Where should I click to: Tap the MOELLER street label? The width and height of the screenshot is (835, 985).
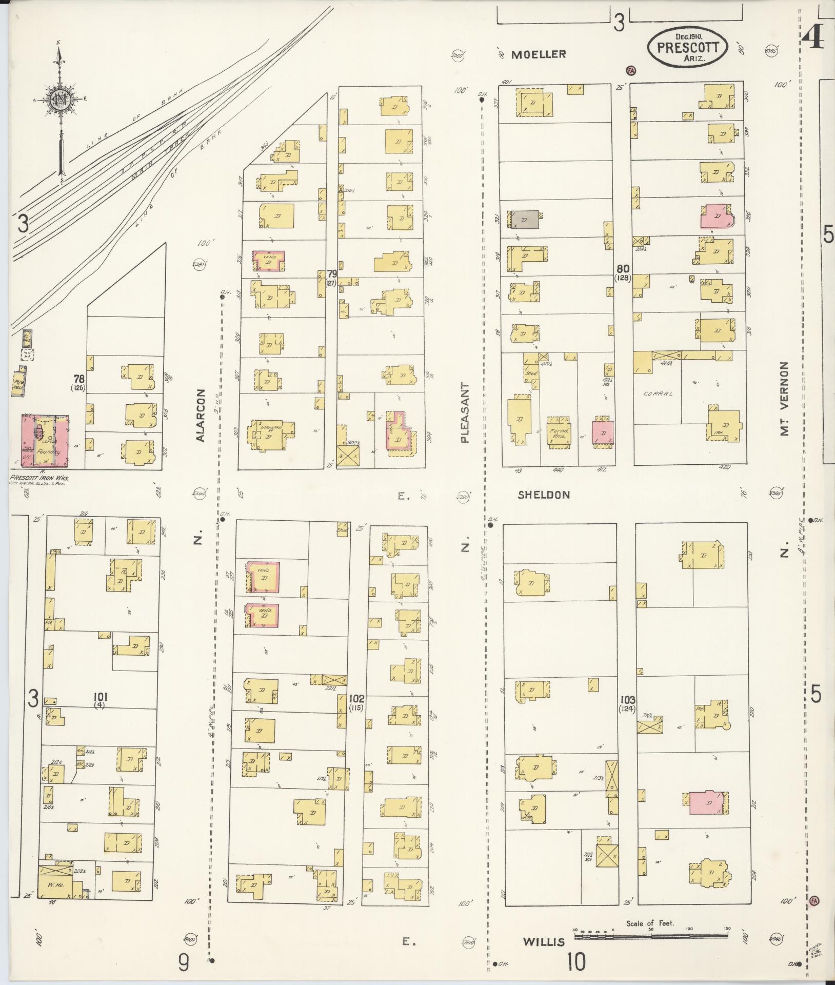coord(539,54)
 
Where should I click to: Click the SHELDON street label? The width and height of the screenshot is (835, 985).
coord(544,495)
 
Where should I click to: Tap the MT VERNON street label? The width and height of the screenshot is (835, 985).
coord(784,399)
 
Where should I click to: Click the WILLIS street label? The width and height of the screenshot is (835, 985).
coord(544,941)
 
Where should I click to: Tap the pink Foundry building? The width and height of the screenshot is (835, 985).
coord(45,441)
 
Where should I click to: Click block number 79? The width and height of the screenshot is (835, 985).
coord(332,274)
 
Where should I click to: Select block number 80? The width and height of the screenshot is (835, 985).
coord(623,268)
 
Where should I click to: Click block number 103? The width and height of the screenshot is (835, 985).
coord(627,699)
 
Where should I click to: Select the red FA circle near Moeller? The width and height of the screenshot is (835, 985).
coord(630,70)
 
